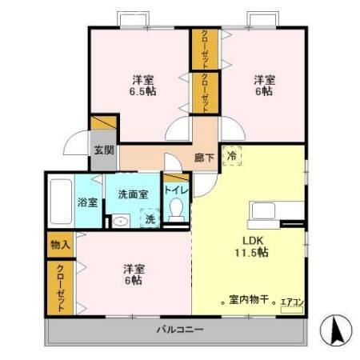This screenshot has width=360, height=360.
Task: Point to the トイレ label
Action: pos(176,190)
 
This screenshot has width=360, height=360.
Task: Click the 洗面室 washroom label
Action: pos(133,194)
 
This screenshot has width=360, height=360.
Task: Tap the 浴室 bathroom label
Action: pos(87,202)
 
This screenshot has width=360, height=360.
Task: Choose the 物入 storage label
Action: pos(58,244)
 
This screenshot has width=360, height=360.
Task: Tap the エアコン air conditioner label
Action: pos(291,302)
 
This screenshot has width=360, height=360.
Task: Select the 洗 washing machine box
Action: pos(149,218)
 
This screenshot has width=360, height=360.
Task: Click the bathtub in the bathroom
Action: pos(60,202)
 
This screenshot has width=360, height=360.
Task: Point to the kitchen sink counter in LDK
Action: pos(274,212)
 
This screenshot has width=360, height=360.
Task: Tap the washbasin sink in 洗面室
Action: pos(121,222)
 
